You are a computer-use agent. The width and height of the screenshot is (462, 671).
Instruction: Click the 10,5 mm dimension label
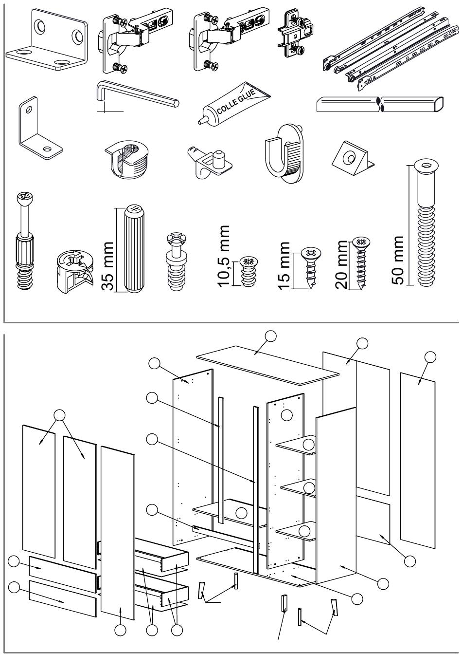click(x=225, y=255)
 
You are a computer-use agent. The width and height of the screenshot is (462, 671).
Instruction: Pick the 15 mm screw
click(x=310, y=267)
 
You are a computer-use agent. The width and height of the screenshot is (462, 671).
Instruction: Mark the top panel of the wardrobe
click(x=267, y=364)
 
